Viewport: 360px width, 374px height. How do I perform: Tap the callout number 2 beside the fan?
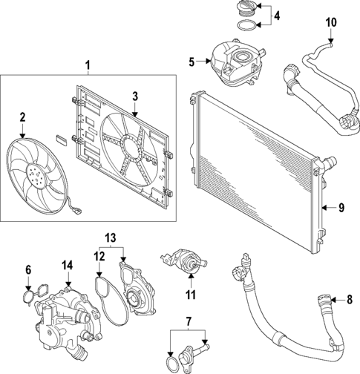point(23,117)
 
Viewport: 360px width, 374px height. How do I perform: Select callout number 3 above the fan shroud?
point(135,96)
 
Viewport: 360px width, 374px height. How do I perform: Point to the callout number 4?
point(277,16)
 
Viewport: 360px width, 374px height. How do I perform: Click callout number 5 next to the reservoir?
point(192,62)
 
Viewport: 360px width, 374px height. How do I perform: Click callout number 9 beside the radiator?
point(342,207)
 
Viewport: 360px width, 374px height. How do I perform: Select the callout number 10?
point(331,24)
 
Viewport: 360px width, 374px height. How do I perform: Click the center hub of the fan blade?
point(34,174)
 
